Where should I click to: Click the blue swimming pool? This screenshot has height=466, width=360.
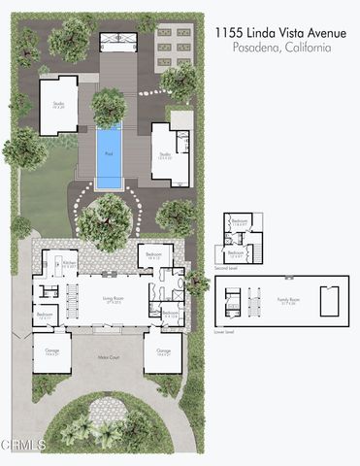tap(109, 156)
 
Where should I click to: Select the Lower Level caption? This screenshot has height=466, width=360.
tap(225, 330)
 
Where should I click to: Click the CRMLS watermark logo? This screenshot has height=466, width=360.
tap(23, 446)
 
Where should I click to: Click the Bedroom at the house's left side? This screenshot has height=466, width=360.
tap(46, 316)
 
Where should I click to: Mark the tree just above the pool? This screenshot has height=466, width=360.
tap(109, 105)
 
